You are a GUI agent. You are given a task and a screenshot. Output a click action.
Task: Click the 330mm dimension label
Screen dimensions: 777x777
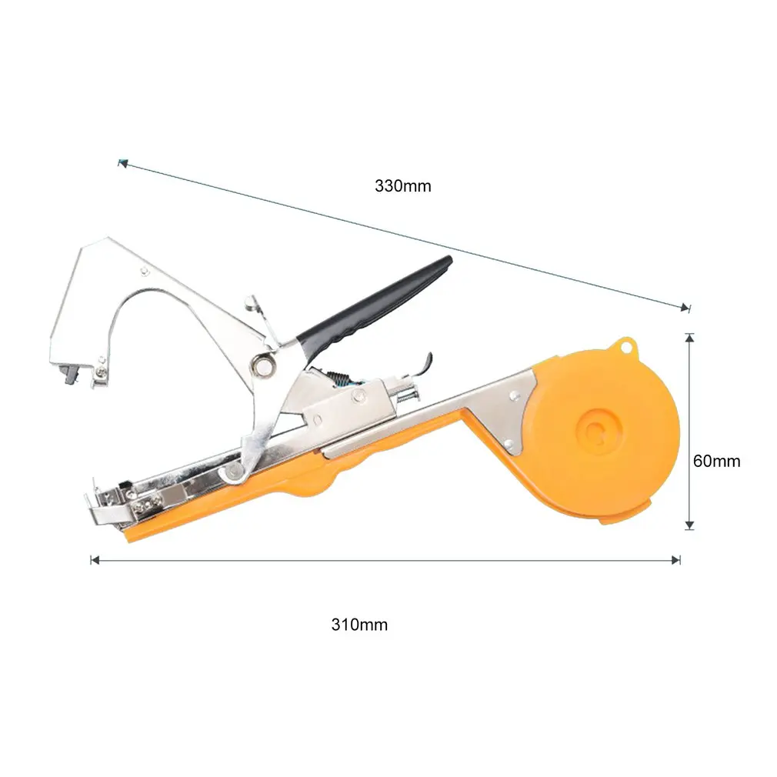pos(402,186)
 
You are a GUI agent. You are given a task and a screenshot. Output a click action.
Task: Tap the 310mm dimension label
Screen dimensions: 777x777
pos(359,625)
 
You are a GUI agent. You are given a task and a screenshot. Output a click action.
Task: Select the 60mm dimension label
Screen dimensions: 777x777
pos(716,462)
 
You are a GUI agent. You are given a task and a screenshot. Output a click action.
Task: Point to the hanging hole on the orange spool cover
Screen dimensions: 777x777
pos(626,346)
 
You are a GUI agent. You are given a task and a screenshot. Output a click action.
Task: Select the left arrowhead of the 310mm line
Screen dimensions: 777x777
pos(95,560)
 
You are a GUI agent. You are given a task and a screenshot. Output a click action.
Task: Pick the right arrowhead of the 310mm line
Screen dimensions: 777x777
pos(676,560)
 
